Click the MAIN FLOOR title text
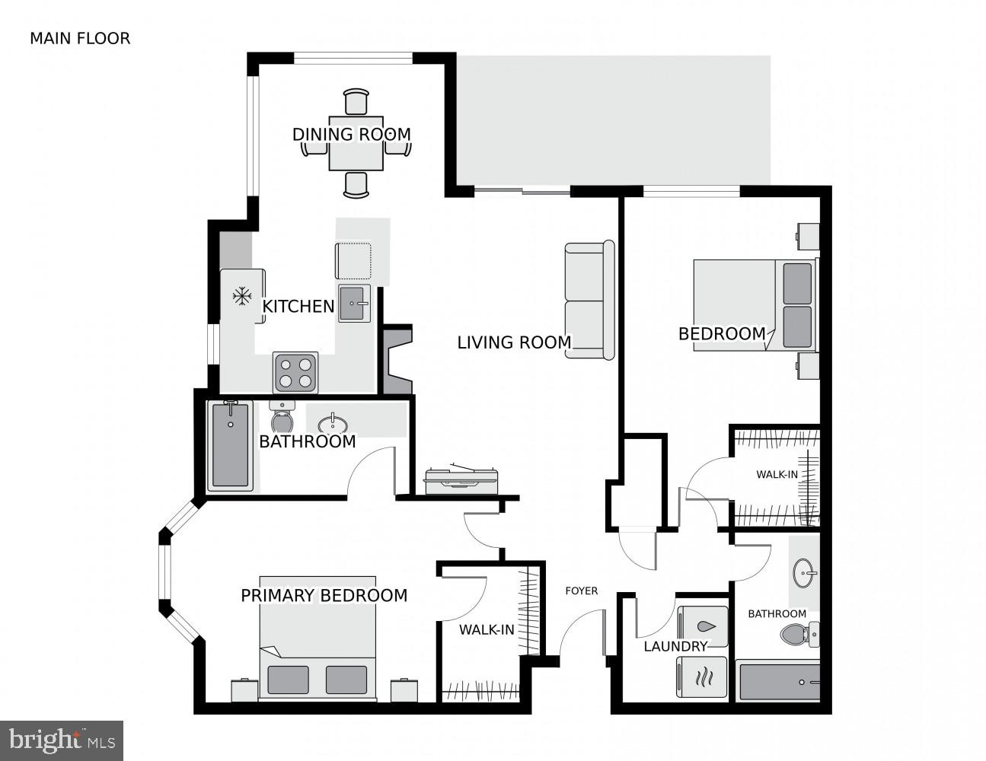click(x=80, y=38)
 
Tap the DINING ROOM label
click(x=351, y=135)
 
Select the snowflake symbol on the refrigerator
click(x=242, y=296)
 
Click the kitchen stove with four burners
click(x=295, y=373)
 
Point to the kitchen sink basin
click(x=354, y=304)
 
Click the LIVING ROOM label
click(x=514, y=342)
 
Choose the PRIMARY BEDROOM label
click(x=324, y=595)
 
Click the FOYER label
click(x=581, y=591)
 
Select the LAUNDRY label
click(x=675, y=647)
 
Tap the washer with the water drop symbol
click(x=703, y=626)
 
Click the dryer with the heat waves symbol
click(x=703, y=677)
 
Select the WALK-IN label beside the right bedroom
click(x=777, y=475)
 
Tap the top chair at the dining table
click(x=356, y=101)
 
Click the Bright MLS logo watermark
click(x=62, y=740)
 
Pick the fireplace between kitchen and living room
click(x=397, y=360)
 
